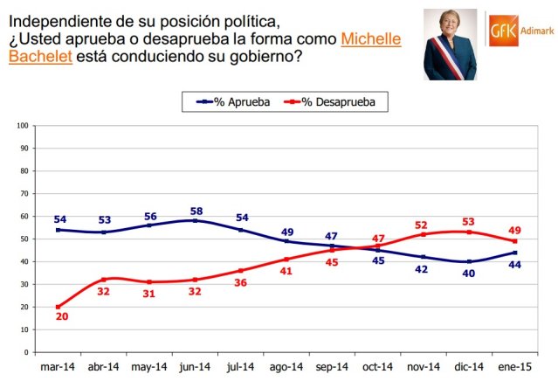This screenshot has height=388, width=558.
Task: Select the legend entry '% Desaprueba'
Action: (337, 102)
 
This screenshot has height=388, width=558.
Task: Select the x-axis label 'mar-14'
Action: (59, 368)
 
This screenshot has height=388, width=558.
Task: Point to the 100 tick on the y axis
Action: (22, 125)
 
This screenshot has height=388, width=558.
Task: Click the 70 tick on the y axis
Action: (24, 193)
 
